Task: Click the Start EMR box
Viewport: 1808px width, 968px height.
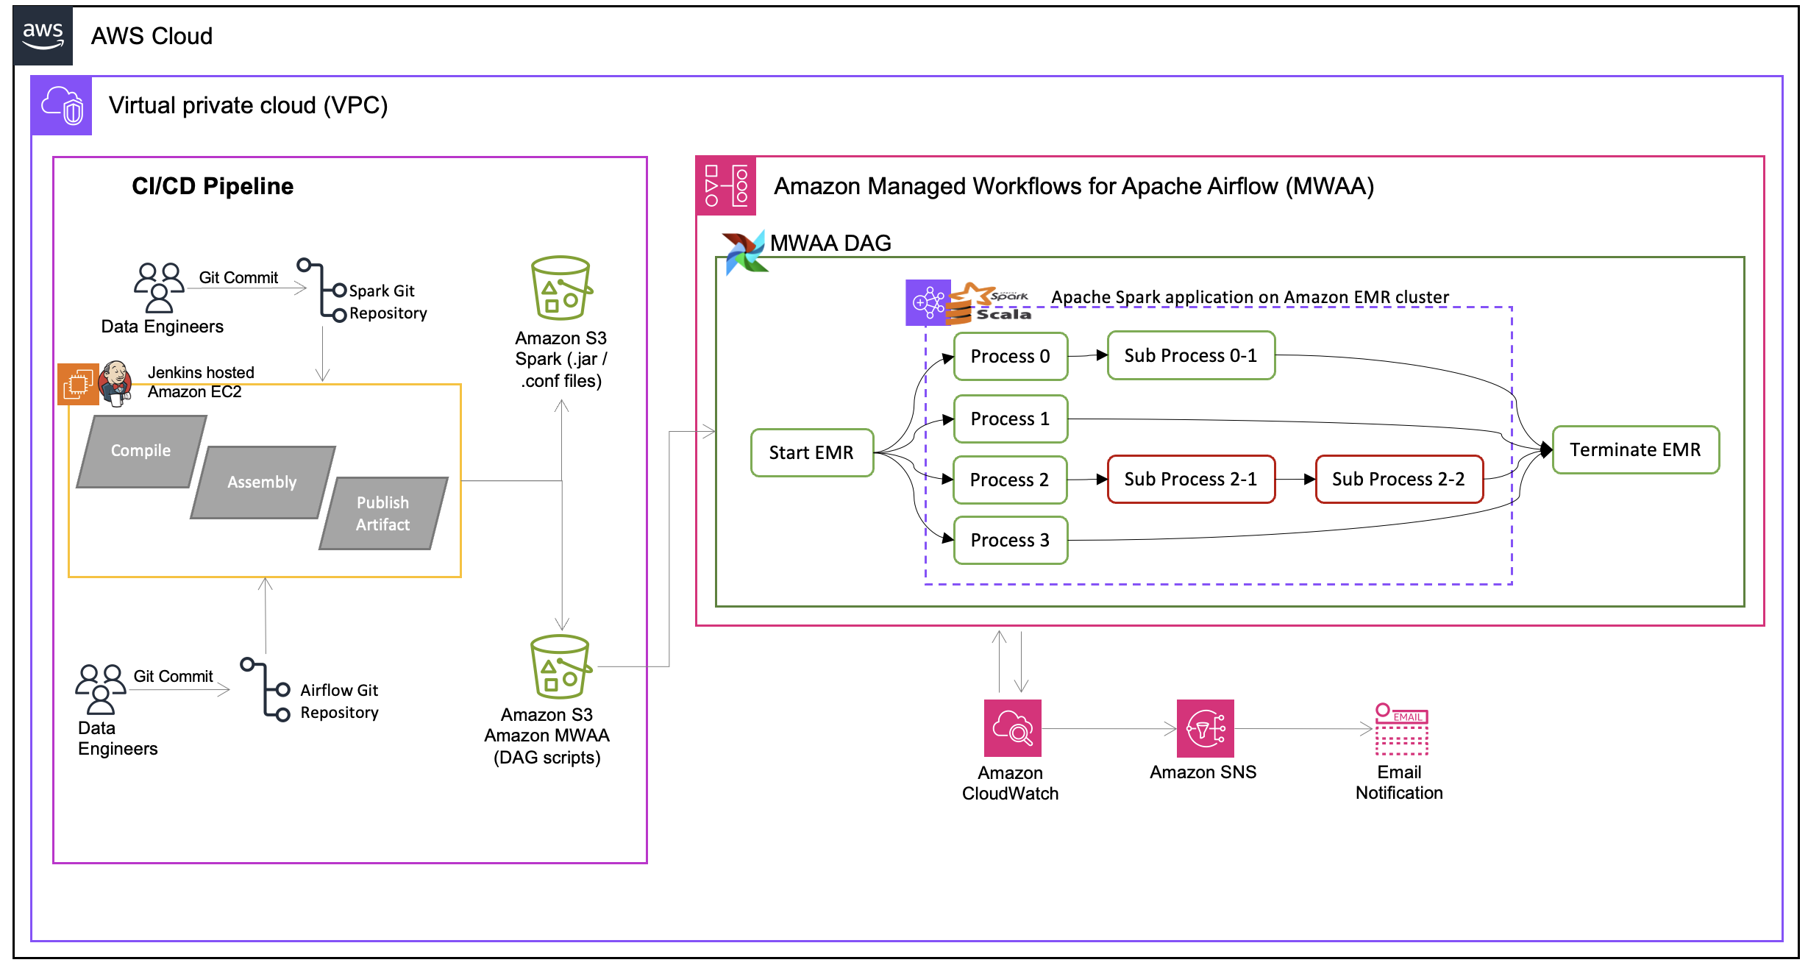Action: click(x=811, y=452)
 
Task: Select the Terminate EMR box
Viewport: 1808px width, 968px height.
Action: click(x=1634, y=449)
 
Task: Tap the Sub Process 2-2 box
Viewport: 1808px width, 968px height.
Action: click(x=1398, y=479)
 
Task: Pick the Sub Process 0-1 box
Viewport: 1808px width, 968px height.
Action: click(x=1190, y=355)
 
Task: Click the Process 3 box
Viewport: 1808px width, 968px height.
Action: click(x=1010, y=540)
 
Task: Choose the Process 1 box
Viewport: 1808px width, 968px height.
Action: click(x=1010, y=419)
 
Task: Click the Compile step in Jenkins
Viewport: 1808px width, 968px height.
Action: click(x=140, y=451)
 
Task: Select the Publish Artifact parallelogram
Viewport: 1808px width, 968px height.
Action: click(x=382, y=513)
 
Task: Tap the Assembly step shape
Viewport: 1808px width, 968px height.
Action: click(x=262, y=482)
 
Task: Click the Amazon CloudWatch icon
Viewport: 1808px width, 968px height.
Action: click(x=1012, y=727)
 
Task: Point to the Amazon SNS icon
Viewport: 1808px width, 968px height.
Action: click(x=1205, y=727)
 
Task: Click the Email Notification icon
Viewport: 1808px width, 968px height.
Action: click(x=1401, y=729)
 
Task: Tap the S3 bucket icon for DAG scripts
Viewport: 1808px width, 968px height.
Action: click(x=560, y=666)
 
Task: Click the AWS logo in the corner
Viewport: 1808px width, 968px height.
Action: click(x=43, y=35)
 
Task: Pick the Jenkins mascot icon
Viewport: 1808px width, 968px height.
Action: click(x=115, y=382)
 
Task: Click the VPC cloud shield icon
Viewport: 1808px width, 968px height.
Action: click(x=62, y=105)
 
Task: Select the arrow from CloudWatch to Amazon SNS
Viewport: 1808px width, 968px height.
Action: click(x=1108, y=729)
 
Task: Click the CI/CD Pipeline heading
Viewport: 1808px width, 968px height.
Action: click(x=212, y=186)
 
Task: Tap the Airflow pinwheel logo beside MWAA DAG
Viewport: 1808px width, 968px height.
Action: click(x=744, y=252)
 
